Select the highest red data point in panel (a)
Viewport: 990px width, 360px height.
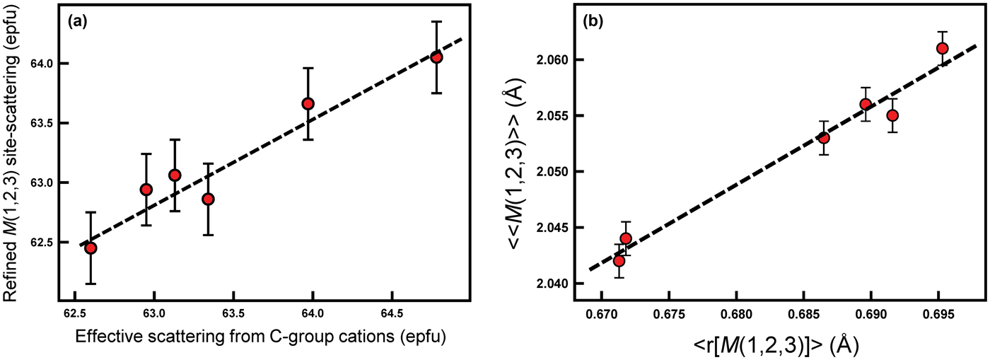pos(436,57)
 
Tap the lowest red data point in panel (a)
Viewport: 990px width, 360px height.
pos(91,248)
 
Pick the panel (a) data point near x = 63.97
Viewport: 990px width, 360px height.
pos(308,104)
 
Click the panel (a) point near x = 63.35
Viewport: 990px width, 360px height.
pos(208,199)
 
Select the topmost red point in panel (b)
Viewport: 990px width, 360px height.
pos(942,48)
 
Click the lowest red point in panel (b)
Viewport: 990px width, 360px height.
pos(619,261)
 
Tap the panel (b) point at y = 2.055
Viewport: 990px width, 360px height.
pos(892,115)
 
